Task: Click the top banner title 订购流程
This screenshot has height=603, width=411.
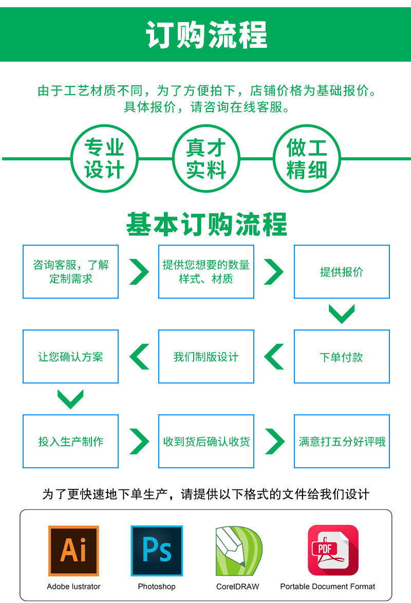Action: point(206,35)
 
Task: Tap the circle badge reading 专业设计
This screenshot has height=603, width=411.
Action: point(104,158)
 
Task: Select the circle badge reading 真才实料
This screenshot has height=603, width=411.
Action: point(206,158)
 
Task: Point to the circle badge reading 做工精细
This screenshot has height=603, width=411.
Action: point(307,158)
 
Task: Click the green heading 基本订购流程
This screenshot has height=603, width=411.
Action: point(206,225)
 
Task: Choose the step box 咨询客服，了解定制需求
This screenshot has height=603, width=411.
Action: point(71,271)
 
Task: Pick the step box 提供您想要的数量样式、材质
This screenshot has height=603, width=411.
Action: point(206,271)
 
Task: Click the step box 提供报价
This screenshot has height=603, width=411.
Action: point(342,271)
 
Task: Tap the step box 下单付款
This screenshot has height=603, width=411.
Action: point(342,356)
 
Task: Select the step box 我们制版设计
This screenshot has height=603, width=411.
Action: point(206,356)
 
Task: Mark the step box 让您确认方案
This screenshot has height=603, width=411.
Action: point(71,356)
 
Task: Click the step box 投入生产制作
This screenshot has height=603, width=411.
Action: point(71,441)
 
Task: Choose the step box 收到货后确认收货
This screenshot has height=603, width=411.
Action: point(206,441)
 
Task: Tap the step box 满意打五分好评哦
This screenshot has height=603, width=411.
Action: point(342,441)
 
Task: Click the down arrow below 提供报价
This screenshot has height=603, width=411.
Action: point(342,314)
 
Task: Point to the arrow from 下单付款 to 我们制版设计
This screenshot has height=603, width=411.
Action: point(274,356)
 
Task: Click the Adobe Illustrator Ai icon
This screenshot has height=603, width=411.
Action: point(73,551)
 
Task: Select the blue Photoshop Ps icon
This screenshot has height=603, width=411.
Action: point(157,551)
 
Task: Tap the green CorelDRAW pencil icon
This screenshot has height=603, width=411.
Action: point(238,551)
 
